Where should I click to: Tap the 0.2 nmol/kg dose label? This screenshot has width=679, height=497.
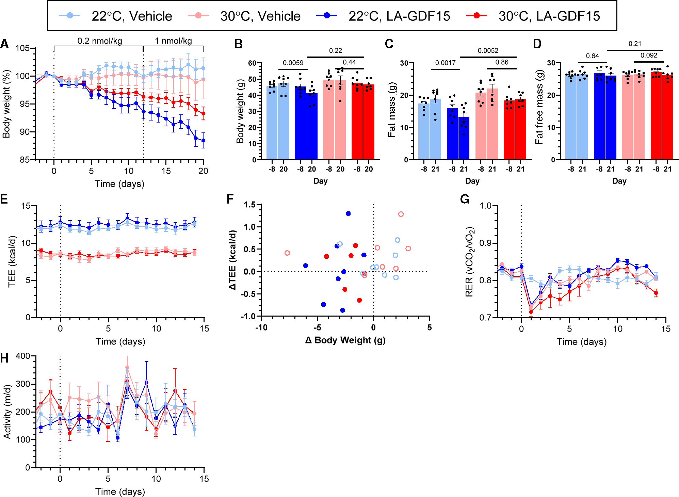pos(100,41)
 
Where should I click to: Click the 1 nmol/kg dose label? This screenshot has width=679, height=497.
pos(174,41)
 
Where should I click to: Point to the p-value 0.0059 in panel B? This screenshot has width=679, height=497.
pos(293,63)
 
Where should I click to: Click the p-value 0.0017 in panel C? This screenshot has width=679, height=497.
pos(445,63)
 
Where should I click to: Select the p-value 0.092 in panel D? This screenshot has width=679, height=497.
pos(649,55)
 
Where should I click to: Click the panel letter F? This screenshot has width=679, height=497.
pos(230,199)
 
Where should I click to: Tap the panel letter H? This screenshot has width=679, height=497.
pos(4,358)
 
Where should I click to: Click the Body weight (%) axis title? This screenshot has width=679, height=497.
pos(6,104)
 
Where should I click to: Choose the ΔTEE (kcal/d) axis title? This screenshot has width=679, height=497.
pos(232,260)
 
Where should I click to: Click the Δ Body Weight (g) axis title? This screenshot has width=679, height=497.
pos(345,340)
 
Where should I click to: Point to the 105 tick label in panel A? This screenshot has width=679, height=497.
pos(22,48)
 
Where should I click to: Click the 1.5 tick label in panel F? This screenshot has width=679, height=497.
pos(250,205)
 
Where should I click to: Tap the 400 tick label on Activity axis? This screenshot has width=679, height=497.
pos(22,356)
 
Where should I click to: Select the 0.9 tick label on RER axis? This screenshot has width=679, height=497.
pos(486,243)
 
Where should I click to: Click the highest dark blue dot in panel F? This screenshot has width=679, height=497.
pos(348,213)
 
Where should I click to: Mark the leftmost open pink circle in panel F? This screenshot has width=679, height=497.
pos(287,253)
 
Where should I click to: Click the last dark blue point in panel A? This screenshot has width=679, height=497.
pos(203,140)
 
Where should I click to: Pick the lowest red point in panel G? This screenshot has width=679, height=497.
pos(531,312)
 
